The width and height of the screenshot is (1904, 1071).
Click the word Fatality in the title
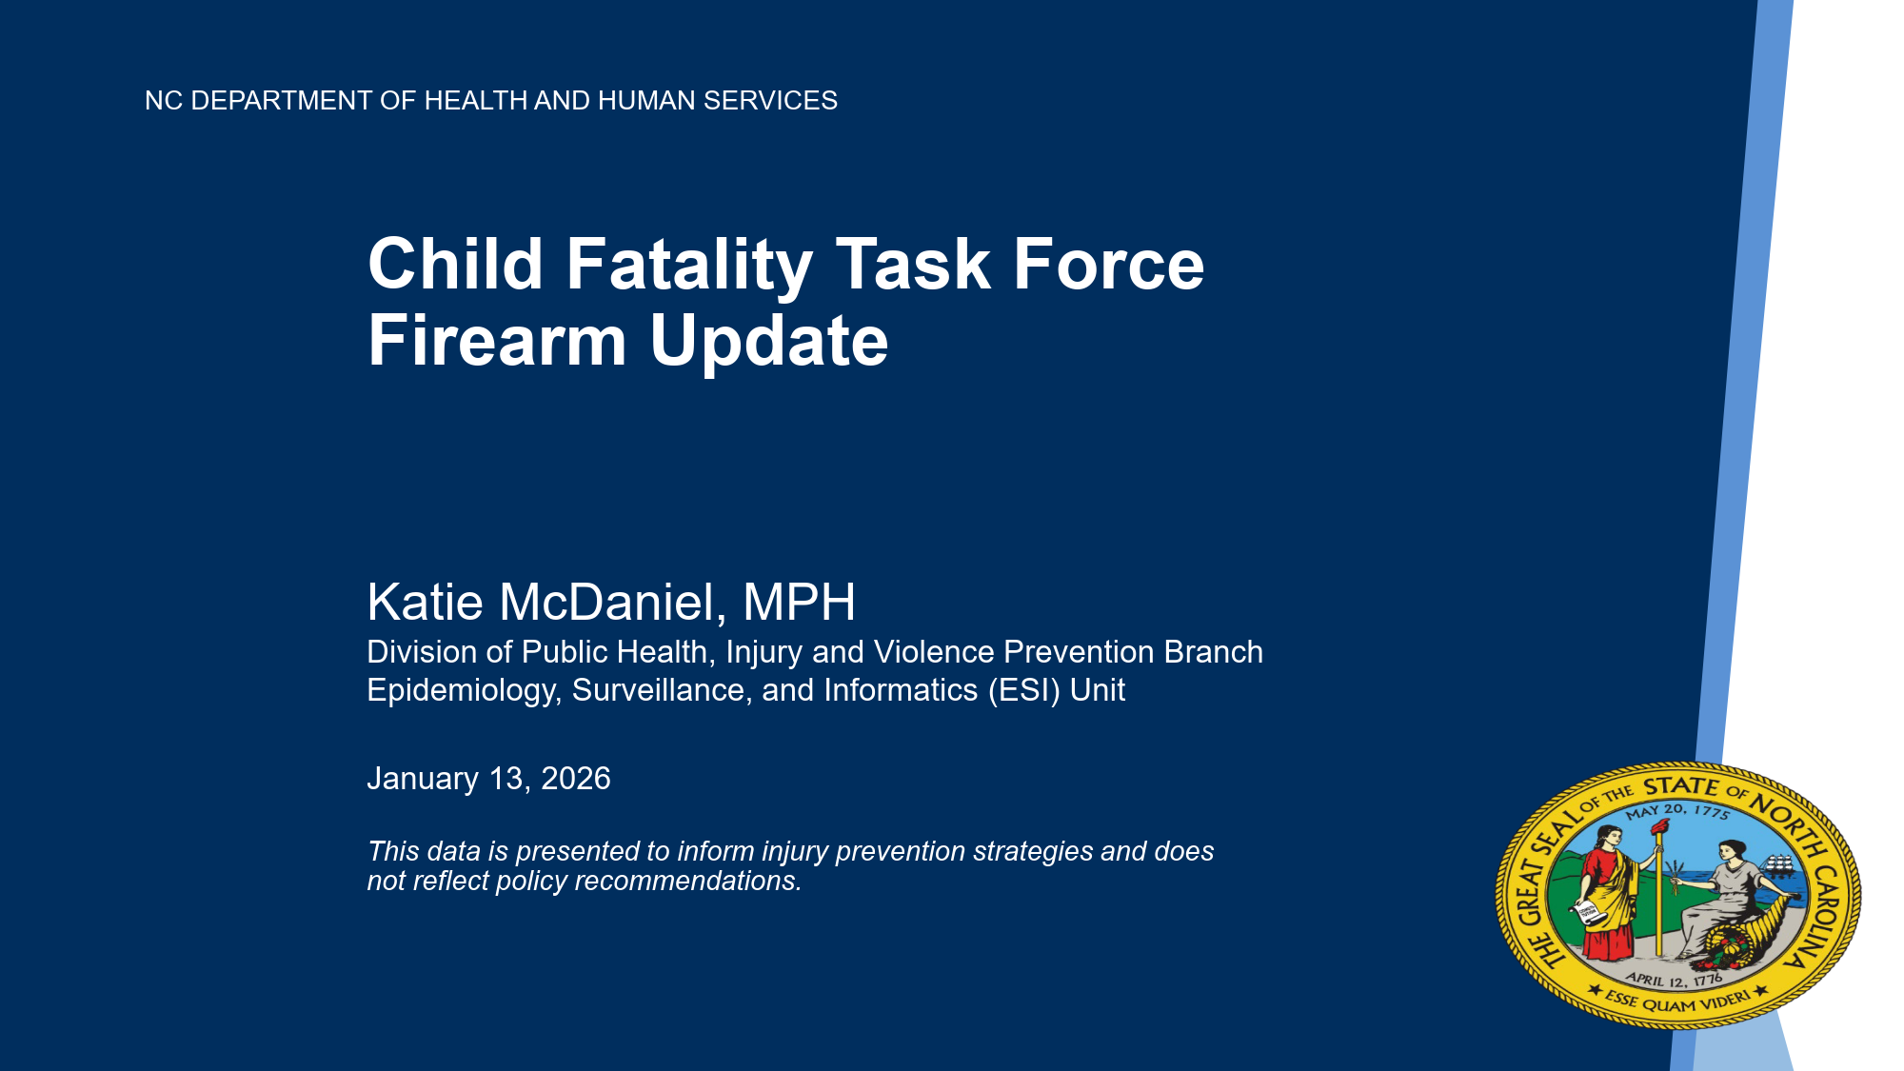(x=689, y=266)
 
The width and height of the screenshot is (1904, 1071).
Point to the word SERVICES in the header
(x=770, y=100)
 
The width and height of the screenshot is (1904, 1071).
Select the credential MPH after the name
(x=799, y=603)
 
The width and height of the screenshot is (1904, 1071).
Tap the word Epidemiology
(x=463, y=690)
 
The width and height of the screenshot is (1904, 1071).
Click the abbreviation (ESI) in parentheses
(x=1023, y=690)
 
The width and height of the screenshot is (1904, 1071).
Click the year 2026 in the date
(x=575, y=779)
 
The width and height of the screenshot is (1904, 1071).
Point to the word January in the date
(x=423, y=779)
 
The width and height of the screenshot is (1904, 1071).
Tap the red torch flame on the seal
(x=1659, y=826)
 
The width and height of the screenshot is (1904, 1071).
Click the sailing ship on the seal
(x=1779, y=865)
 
